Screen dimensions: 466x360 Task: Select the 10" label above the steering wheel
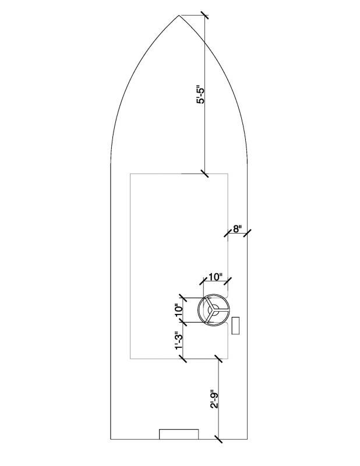pos(216,277)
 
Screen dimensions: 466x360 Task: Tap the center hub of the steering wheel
pos(213,310)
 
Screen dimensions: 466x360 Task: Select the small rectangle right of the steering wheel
pos(236,326)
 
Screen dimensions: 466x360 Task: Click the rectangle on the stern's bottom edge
pos(179,434)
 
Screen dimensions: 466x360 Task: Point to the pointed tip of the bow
pos(179,15)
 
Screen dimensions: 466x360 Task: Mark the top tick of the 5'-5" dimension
pos(205,15)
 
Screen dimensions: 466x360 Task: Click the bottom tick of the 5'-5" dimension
pos(205,173)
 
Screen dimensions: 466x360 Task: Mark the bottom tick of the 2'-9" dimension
pos(218,439)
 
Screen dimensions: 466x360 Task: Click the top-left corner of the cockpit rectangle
pos(130,174)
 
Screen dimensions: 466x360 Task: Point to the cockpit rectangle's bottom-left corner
pos(130,358)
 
